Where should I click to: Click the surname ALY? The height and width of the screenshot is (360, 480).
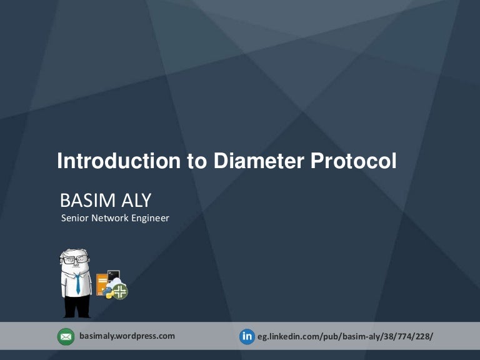pyautogui.click(x=137, y=201)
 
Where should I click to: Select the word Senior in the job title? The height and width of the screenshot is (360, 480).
pyautogui.click(x=74, y=218)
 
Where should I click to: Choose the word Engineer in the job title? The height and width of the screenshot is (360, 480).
pyautogui.click(x=150, y=218)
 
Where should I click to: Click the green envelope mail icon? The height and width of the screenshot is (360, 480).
pyautogui.click(x=66, y=337)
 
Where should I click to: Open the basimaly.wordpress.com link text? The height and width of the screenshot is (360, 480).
pyautogui.click(x=127, y=336)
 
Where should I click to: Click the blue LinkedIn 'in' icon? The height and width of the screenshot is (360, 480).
pyautogui.click(x=247, y=337)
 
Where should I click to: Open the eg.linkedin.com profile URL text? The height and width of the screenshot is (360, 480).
pyautogui.click(x=345, y=337)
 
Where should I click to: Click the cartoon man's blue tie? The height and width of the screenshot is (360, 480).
pyautogui.click(x=77, y=284)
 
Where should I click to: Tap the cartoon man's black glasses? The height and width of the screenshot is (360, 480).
pyautogui.click(x=75, y=259)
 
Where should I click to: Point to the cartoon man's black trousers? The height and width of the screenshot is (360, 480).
pyautogui.click(x=77, y=306)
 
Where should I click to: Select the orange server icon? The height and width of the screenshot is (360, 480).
pyautogui.click(x=101, y=285)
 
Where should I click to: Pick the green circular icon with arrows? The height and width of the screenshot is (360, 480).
pyautogui.click(x=120, y=291)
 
